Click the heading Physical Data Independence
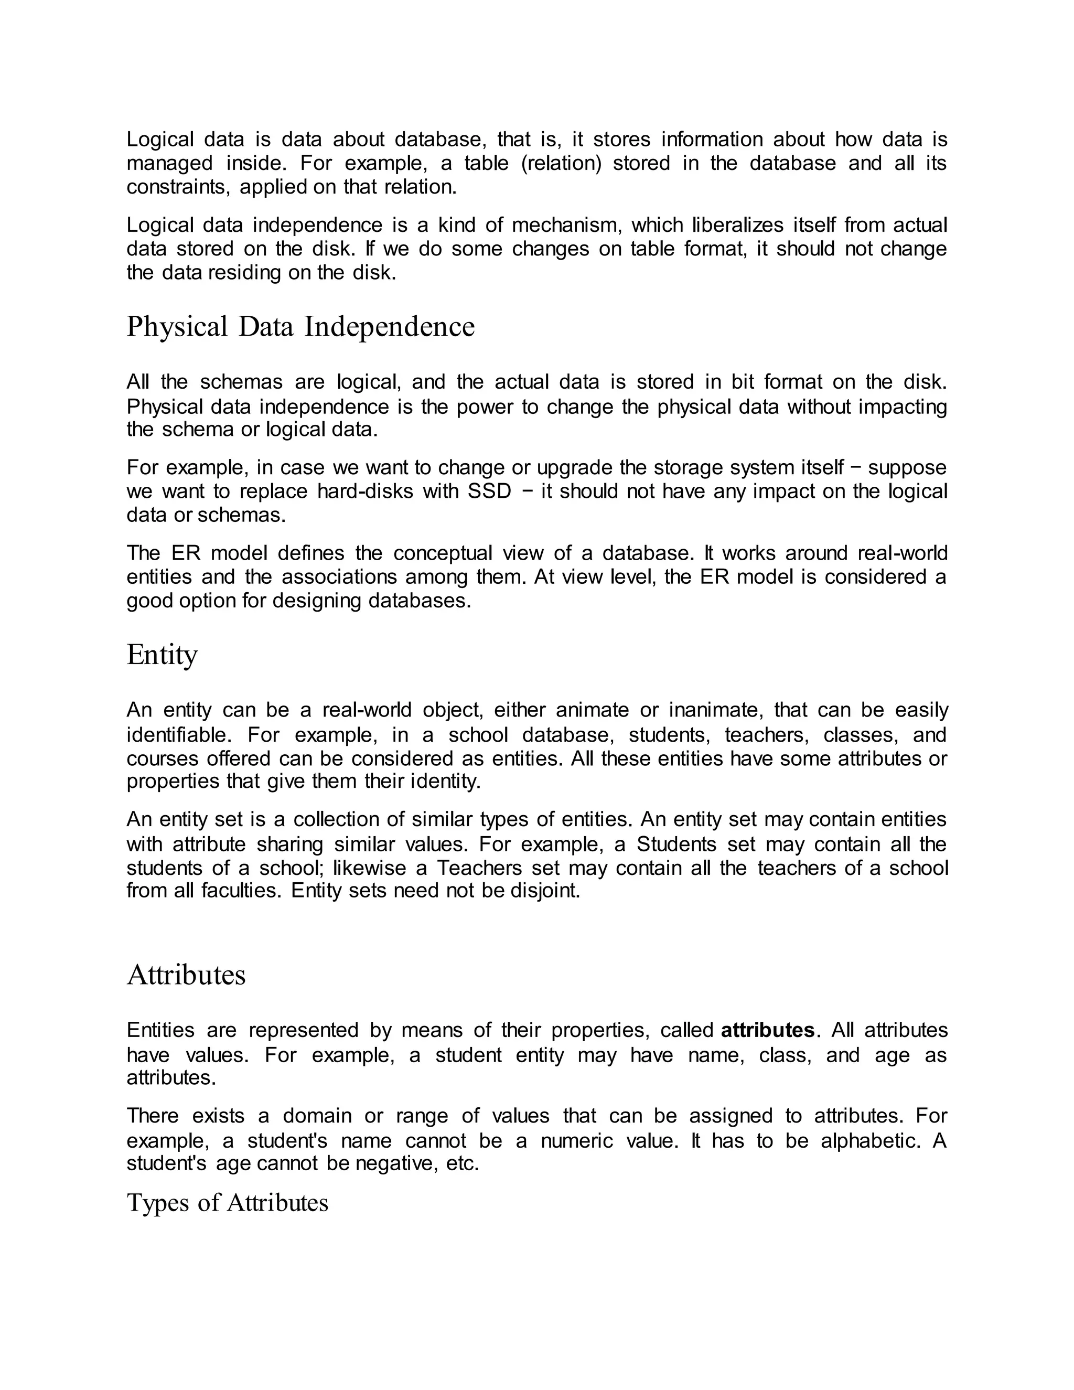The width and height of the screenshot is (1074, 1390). (300, 327)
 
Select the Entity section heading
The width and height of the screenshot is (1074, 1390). (162, 655)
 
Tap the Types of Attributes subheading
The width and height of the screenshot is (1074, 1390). (227, 1202)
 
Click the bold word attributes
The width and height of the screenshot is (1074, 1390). (767, 1030)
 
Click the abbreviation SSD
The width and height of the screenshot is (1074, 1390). (489, 491)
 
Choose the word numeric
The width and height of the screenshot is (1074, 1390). (576, 1140)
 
